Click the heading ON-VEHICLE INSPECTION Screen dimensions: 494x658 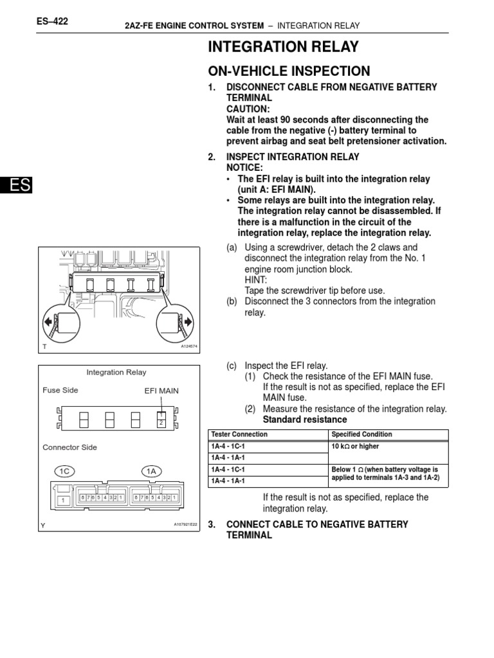(x=289, y=71)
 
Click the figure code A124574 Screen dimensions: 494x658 (x=189, y=346)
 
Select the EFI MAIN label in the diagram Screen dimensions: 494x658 (x=161, y=390)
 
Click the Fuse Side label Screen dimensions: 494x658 (x=60, y=390)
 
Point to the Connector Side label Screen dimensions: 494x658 (x=70, y=447)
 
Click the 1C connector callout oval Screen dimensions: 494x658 (x=64, y=471)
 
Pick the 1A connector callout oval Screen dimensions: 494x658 (x=152, y=471)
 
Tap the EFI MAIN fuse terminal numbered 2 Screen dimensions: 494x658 (x=161, y=423)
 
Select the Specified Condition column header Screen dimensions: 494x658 (x=361, y=434)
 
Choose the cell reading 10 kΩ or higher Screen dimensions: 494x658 (x=355, y=447)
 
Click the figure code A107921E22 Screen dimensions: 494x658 (x=185, y=524)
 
